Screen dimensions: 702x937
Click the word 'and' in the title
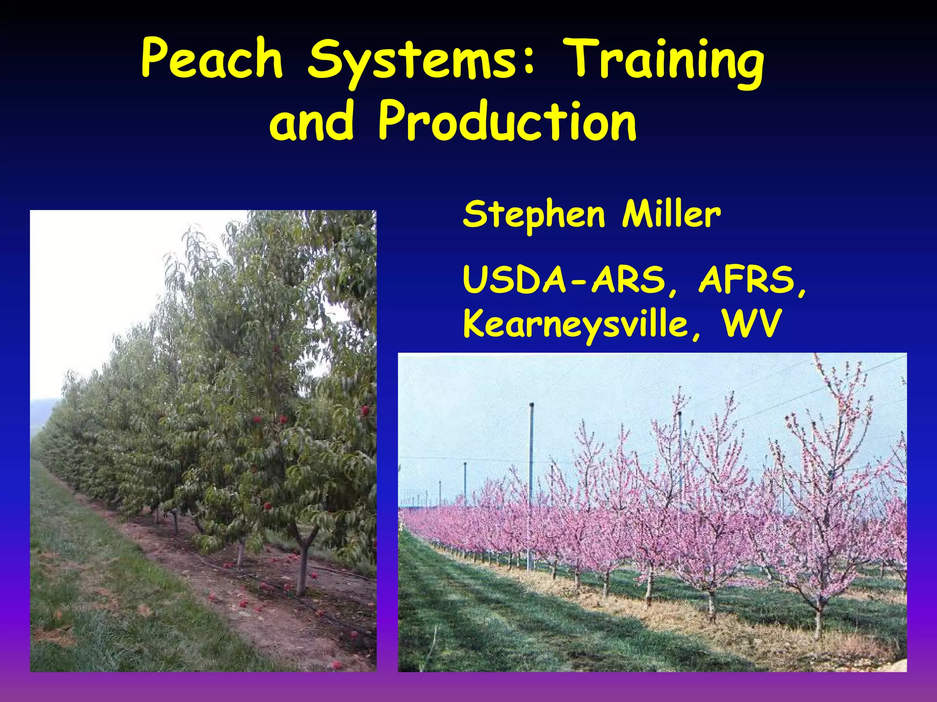[x=312, y=121]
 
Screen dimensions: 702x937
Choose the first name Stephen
[x=533, y=215]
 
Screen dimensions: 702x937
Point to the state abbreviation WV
[x=750, y=323]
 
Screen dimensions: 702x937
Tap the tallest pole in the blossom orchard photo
[x=531, y=481]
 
